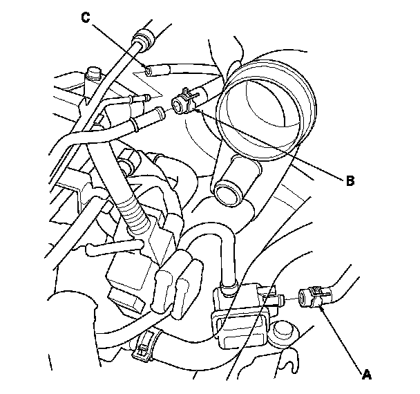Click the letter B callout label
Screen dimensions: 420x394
pyautogui.click(x=350, y=181)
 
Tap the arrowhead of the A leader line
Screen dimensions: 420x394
pyautogui.click(x=322, y=309)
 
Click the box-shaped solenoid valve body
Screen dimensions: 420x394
pyautogui.click(x=242, y=315)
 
